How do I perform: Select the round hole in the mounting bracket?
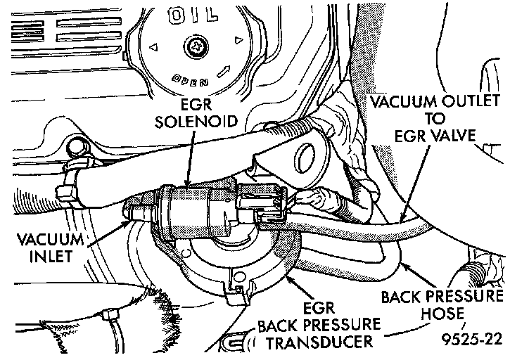point(307,159)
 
